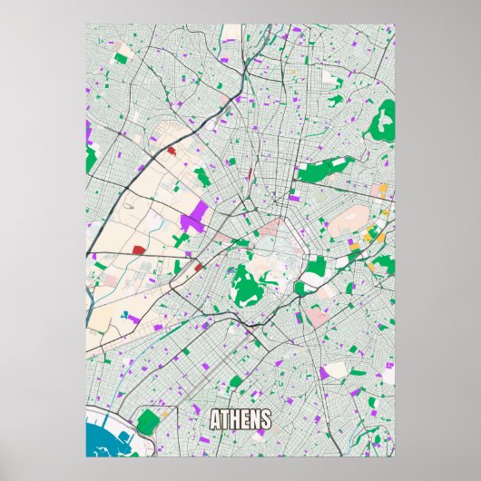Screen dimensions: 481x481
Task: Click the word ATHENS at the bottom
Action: pos(240,420)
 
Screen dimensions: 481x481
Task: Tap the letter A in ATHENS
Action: pos(216,420)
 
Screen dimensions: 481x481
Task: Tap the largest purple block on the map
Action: pos(192,218)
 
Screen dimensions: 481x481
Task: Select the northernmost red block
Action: pos(171,151)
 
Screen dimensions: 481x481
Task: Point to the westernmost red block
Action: pos(138,249)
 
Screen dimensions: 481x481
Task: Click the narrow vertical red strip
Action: pos(248,173)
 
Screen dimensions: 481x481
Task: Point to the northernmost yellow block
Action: pos(383,191)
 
